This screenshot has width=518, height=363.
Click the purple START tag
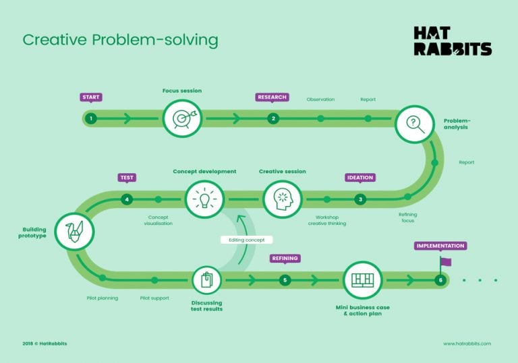pyautogui.click(x=90, y=97)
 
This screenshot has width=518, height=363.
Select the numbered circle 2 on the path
pyautogui.click(x=273, y=119)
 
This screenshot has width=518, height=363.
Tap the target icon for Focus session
pyautogui.click(x=182, y=119)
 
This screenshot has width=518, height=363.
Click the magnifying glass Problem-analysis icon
pyautogui.click(x=413, y=124)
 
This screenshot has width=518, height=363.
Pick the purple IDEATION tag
pyautogui.click(x=360, y=178)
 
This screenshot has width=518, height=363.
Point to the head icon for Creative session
pyautogui.click(x=283, y=199)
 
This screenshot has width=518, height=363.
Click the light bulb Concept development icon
pyautogui.click(x=205, y=199)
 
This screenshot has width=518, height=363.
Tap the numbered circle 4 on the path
pyautogui.click(x=127, y=199)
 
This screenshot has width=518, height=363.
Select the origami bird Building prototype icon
pyautogui.click(x=74, y=231)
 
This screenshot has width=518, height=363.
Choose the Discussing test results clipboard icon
pyautogui.click(x=206, y=279)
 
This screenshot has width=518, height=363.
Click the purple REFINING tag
pyautogui.click(x=285, y=258)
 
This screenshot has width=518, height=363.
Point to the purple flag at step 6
pyautogui.click(x=445, y=261)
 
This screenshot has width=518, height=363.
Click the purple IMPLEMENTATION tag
pyautogui.click(x=439, y=246)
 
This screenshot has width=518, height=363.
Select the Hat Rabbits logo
pyautogui.click(x=452, y=41)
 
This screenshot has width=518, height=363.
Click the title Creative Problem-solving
pyautogui.click(x=120, y=40)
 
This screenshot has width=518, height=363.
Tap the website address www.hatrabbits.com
pyautogui.click(x=467, y=343)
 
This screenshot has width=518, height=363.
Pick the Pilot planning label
pyautogui.click(x=103, y=298)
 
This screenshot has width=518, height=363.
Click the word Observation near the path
pyautogui.click(x=320, y=100)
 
